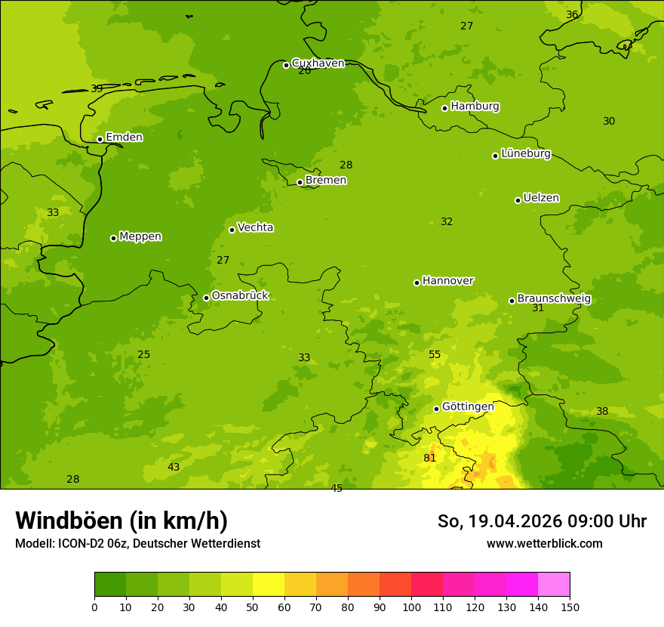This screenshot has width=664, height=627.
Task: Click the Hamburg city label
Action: click(x=475, y=107)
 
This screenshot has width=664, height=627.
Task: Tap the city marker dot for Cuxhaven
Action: click(x=286, y=65)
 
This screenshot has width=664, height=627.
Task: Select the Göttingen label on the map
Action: click(x=468, y=406)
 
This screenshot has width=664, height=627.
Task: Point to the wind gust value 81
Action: click(x=430, y=459)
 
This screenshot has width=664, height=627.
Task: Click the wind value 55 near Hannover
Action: click(x=435, y=355)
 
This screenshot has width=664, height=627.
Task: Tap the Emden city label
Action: click(x=124, y=137)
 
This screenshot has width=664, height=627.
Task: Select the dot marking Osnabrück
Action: click(x=206, y=298)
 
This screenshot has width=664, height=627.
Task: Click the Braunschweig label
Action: click(x=554, y=299)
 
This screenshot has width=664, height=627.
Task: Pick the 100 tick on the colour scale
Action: click(x=411, y=607)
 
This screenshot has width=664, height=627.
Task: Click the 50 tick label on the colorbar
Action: click(x=253, y=607)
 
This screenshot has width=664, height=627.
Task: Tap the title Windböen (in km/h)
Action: click(x=121, y=520)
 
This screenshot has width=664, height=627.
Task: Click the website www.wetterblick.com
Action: click(x=544, y=544)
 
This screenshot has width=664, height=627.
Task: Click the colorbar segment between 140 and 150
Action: click(x=554, y=585)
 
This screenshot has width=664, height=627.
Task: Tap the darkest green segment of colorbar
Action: click(x=110, y=585)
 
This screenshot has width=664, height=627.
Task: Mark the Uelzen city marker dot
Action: click(x=518, y=200)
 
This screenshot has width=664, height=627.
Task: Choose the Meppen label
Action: click(x=140, y=236)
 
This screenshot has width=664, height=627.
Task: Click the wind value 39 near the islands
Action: click(x=97, y=89)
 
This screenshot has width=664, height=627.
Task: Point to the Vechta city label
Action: click(x=255, y=227)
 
